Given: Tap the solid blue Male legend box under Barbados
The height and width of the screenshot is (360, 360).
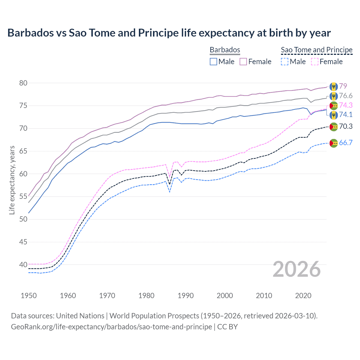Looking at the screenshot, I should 213,62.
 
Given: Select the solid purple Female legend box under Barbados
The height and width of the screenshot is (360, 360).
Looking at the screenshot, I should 243,62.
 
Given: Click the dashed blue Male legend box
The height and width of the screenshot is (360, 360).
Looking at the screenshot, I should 285,62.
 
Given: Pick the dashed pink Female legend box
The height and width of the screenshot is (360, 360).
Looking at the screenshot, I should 315,62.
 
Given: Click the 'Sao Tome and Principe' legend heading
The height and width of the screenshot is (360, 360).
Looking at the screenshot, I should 317,50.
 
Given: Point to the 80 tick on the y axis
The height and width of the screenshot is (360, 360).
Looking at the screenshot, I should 23,83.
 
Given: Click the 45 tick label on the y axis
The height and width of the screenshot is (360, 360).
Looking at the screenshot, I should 23,242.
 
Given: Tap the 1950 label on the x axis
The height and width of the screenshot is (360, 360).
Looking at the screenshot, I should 29,296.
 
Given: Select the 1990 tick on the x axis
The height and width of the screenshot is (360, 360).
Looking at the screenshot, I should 186,296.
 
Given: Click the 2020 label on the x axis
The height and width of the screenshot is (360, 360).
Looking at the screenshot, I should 303,296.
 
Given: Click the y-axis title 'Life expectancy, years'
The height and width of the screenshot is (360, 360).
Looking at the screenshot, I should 12,180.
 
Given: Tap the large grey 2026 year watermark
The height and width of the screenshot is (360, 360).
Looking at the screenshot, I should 297,269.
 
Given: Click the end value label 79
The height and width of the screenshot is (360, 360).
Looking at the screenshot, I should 343,86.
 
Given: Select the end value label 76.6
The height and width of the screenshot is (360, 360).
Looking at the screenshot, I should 346,96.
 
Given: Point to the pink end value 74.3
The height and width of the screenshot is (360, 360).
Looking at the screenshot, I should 346,105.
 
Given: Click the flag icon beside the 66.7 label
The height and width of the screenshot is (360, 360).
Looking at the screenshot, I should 334,143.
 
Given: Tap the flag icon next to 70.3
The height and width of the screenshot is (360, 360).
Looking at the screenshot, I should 334,127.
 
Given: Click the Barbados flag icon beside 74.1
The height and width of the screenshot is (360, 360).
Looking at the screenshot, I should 334,115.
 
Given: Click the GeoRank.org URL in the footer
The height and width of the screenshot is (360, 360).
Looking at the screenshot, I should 111,327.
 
